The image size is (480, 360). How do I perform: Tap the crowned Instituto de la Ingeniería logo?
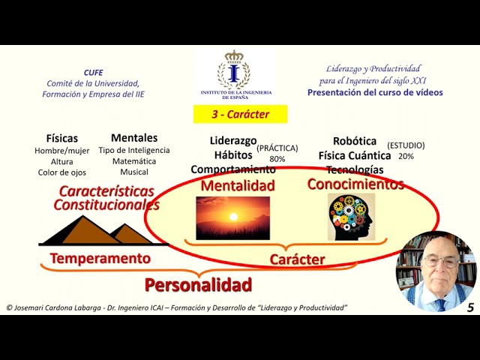235,75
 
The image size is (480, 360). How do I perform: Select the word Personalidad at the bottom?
198,284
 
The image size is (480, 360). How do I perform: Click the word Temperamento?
100,259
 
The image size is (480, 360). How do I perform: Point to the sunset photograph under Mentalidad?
232,217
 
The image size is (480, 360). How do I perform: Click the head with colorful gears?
351,217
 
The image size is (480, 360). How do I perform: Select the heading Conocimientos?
355,184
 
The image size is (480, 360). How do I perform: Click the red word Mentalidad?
238,185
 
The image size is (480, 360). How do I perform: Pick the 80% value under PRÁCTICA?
277,159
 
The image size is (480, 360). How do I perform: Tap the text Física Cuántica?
354,155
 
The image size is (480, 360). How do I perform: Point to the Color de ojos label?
62,172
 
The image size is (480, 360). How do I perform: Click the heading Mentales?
134,137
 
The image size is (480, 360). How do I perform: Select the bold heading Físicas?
61,138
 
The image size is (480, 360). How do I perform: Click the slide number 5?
470,307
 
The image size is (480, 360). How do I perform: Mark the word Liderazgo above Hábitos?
233,140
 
